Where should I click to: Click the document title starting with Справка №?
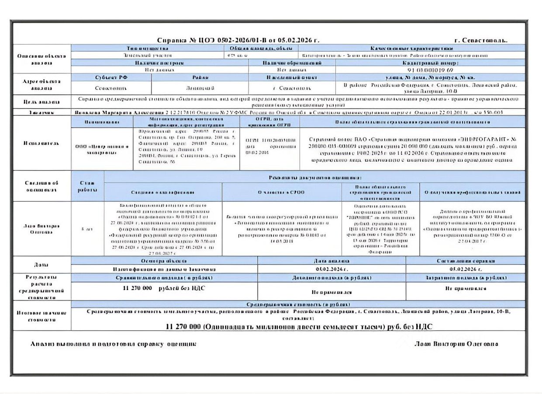[238, 40]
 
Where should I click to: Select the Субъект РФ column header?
[111, 77]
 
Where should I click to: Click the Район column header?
[200, 77]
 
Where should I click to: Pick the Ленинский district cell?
[200, 88]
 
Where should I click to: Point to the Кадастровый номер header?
[430, 63]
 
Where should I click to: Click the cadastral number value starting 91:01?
[430, 69]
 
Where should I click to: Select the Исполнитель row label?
[42, 143]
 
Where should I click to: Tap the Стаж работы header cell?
[87, 187]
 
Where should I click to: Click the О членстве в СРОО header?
[281, 192]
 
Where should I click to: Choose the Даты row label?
[42, 265]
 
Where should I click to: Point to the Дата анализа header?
[331, 261]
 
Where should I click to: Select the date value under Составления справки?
[465, 269]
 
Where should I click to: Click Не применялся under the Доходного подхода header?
[331, 292]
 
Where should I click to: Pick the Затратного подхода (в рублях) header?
[465, 278]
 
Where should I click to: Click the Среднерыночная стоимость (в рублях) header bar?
[298, 304]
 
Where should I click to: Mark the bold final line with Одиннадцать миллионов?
[299, 327]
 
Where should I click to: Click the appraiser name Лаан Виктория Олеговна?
[456, 344]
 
